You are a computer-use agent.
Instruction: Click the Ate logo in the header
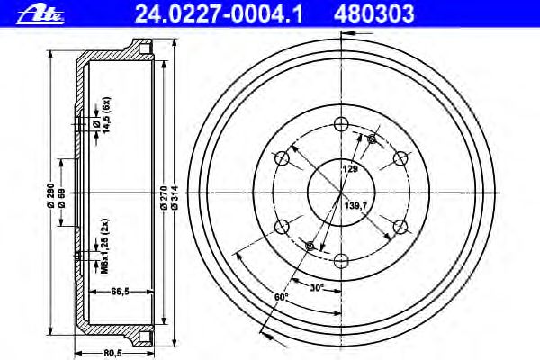click(40, 15)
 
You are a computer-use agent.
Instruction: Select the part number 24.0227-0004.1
click(219, 14)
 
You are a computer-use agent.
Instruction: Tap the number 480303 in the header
click(374, 14)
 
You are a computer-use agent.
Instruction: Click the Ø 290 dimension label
click(50, 195)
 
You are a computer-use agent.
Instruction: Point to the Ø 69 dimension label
click(61, 198)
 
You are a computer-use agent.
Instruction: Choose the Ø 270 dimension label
click(164, 198)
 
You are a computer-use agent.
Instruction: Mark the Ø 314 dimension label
click(175, 198)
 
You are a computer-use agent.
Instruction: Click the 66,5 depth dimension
click(121, 292)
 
